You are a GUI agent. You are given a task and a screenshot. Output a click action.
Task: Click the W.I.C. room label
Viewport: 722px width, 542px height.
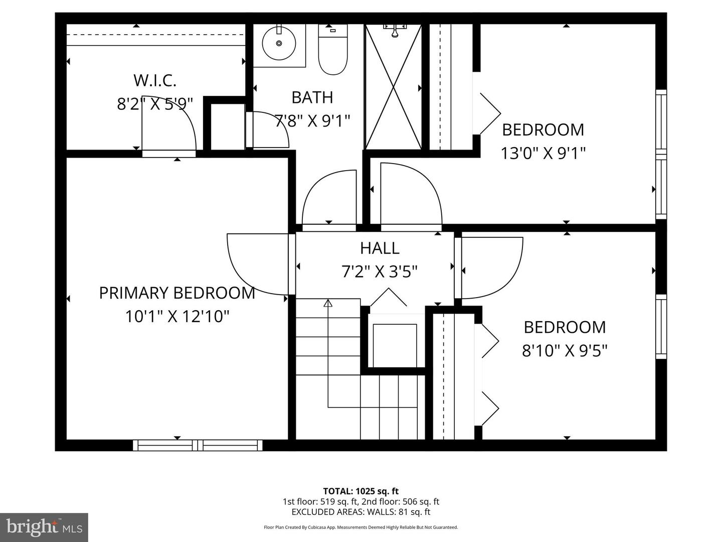(x=154, y=80)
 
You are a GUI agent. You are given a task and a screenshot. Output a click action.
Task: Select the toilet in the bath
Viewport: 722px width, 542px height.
(x=333, y=50)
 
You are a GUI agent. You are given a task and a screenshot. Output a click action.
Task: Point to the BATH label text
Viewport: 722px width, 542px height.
(x=312, y=97)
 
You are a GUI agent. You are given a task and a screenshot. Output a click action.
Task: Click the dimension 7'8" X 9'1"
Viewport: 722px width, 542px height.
(x=312, y=121)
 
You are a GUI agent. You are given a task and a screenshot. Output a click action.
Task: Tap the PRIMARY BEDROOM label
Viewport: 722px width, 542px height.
(x=177, y=293)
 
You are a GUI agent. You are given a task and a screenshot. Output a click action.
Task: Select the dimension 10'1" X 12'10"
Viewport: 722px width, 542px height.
(x=177, y=317)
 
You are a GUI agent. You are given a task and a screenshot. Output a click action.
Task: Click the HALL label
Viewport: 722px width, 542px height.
(x=380, y=248)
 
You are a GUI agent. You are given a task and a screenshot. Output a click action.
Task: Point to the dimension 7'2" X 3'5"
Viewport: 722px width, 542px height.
(x=380, y=272)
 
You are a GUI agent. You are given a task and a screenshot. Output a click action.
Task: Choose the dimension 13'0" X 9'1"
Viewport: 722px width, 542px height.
(x=543, y=153)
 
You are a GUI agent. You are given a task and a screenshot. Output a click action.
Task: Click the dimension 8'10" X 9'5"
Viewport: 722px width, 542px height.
(x=565, y=350)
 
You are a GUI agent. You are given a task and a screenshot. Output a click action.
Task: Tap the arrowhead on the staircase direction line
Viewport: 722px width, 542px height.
(x=328, y=303)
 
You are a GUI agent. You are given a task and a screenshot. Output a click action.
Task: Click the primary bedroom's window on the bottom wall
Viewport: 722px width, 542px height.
(x=198, y=445)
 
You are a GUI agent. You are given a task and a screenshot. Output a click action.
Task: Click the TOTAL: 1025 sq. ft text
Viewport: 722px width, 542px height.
(x=360, y=491)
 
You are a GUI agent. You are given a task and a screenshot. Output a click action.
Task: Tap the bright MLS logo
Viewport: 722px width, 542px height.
(x=44, y=527)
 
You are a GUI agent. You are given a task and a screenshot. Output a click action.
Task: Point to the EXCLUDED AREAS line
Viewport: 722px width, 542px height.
(x=360, y=512)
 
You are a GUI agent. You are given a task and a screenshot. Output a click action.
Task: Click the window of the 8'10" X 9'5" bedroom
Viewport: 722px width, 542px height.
(x=661, y=326)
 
